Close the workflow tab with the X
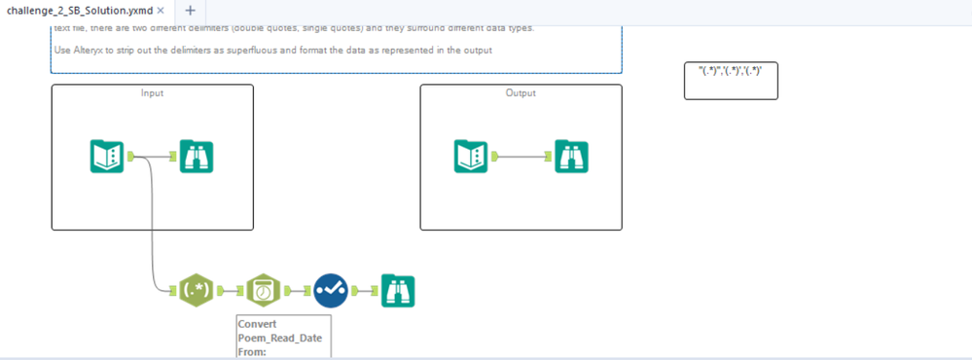161,10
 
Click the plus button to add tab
190,10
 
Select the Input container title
152,93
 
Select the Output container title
521,93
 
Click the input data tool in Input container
106,157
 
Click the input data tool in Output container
471,157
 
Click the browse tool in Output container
571,157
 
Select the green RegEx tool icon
198,290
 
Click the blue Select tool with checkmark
331,290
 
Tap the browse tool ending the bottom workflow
398,290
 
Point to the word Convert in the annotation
258,324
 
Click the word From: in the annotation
252,351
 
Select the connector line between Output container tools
525,157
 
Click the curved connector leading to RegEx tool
153,224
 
